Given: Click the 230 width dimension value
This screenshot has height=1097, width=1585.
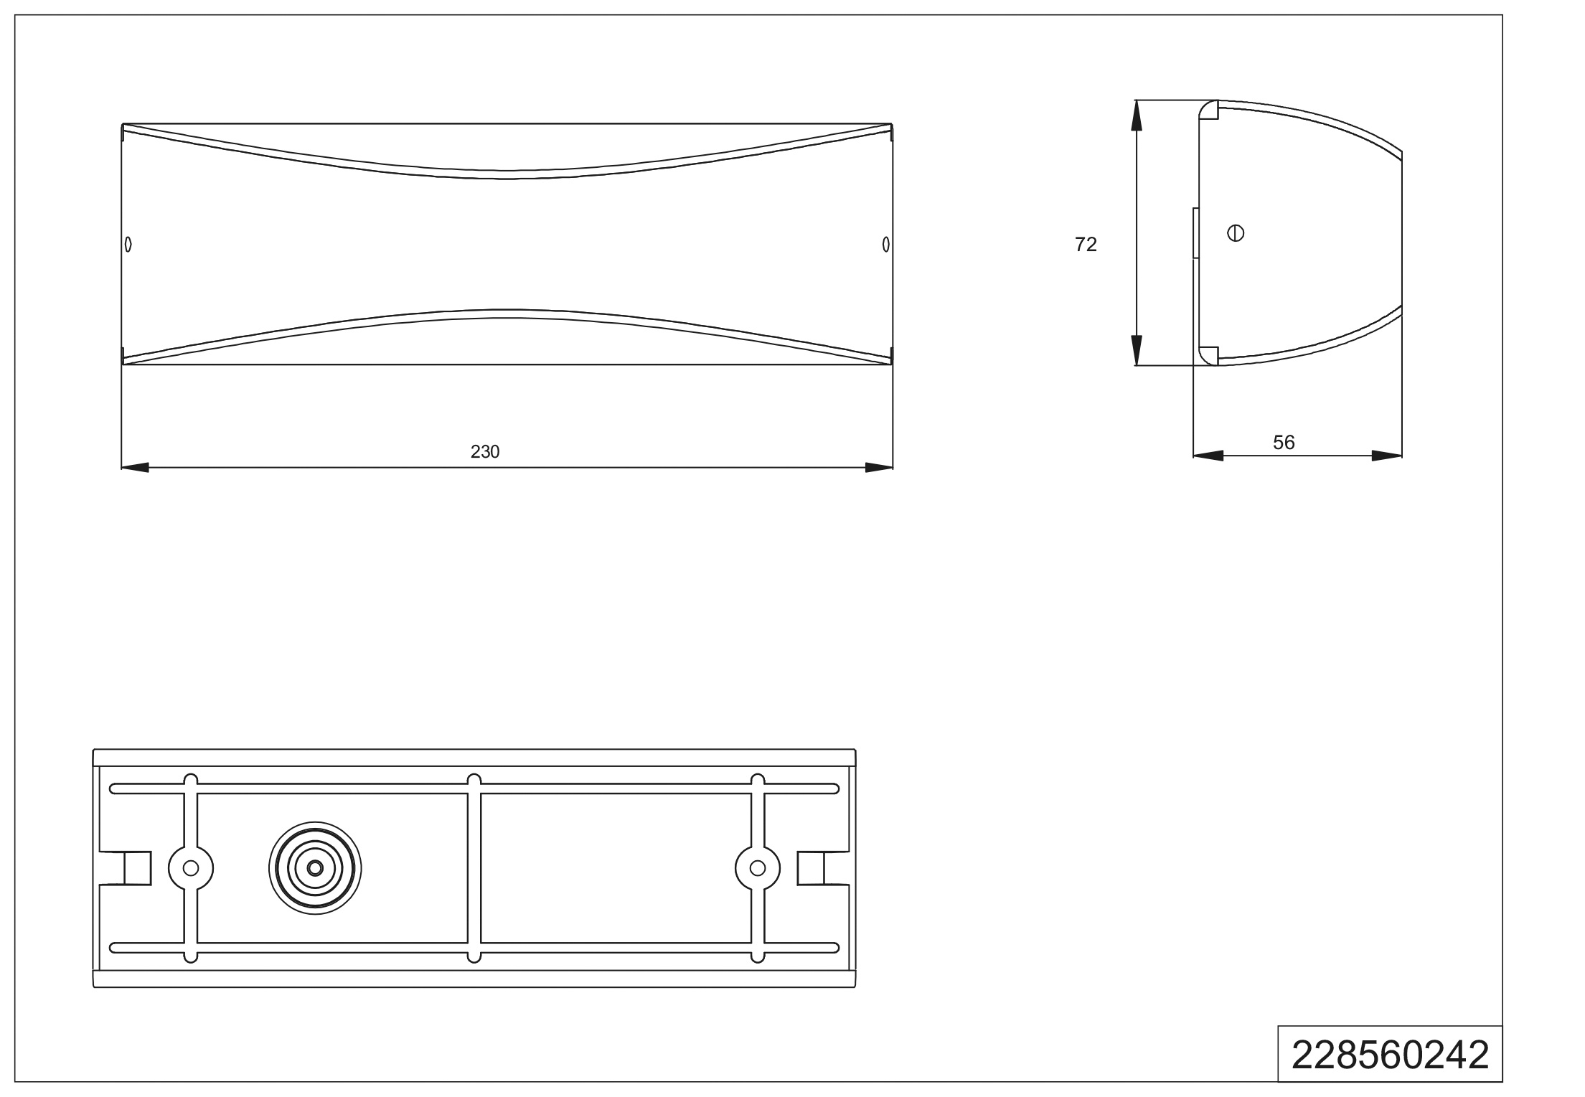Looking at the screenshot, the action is tap(485, 451).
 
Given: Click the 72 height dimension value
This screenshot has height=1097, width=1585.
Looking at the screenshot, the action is tap(1086, 245).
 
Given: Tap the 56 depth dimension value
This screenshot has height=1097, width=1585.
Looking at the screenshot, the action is tap(1284, 443).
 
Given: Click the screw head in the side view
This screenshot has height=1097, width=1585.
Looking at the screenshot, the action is tap(1236, 233).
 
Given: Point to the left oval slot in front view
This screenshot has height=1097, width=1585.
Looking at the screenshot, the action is tap(128, 245).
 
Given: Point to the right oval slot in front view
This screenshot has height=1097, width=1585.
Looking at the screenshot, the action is tap(886, 245).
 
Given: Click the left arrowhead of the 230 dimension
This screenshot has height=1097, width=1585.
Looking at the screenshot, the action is tap(135, 468).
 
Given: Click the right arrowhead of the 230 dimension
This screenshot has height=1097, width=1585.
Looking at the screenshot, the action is tap(879, 468).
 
